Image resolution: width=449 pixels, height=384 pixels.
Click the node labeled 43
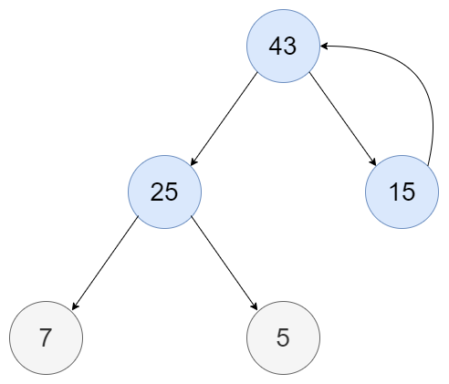(283, 46)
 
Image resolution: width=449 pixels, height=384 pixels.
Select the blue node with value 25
(164, 192)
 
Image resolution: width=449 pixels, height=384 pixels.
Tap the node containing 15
(402, 192)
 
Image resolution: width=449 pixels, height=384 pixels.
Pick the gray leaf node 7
(46, 337)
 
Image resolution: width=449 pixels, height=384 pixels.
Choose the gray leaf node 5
(283, 337)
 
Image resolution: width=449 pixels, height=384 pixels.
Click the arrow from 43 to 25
(224, 119)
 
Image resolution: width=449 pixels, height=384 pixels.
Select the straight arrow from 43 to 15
(343, 119)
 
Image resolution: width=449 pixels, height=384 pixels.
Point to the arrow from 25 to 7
(105, 263)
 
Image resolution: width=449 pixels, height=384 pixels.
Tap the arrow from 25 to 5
(224, 263)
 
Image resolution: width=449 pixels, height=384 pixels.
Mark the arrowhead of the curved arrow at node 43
(324, 46)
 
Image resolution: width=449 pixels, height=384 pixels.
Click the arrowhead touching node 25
(193, 161)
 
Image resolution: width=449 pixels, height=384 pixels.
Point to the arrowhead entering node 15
(373, 161)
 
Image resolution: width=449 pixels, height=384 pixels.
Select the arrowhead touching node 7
(75, 306)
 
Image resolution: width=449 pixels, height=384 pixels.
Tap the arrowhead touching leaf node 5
(255, 306)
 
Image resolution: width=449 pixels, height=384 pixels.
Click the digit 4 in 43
(276, 46)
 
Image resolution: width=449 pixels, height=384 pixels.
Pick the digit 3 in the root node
(290, 46)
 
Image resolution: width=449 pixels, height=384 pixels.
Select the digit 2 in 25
(157, 192)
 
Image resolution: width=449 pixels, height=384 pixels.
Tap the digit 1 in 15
(393, 192)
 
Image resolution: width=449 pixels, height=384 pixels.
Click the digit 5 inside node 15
(409, 192)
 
